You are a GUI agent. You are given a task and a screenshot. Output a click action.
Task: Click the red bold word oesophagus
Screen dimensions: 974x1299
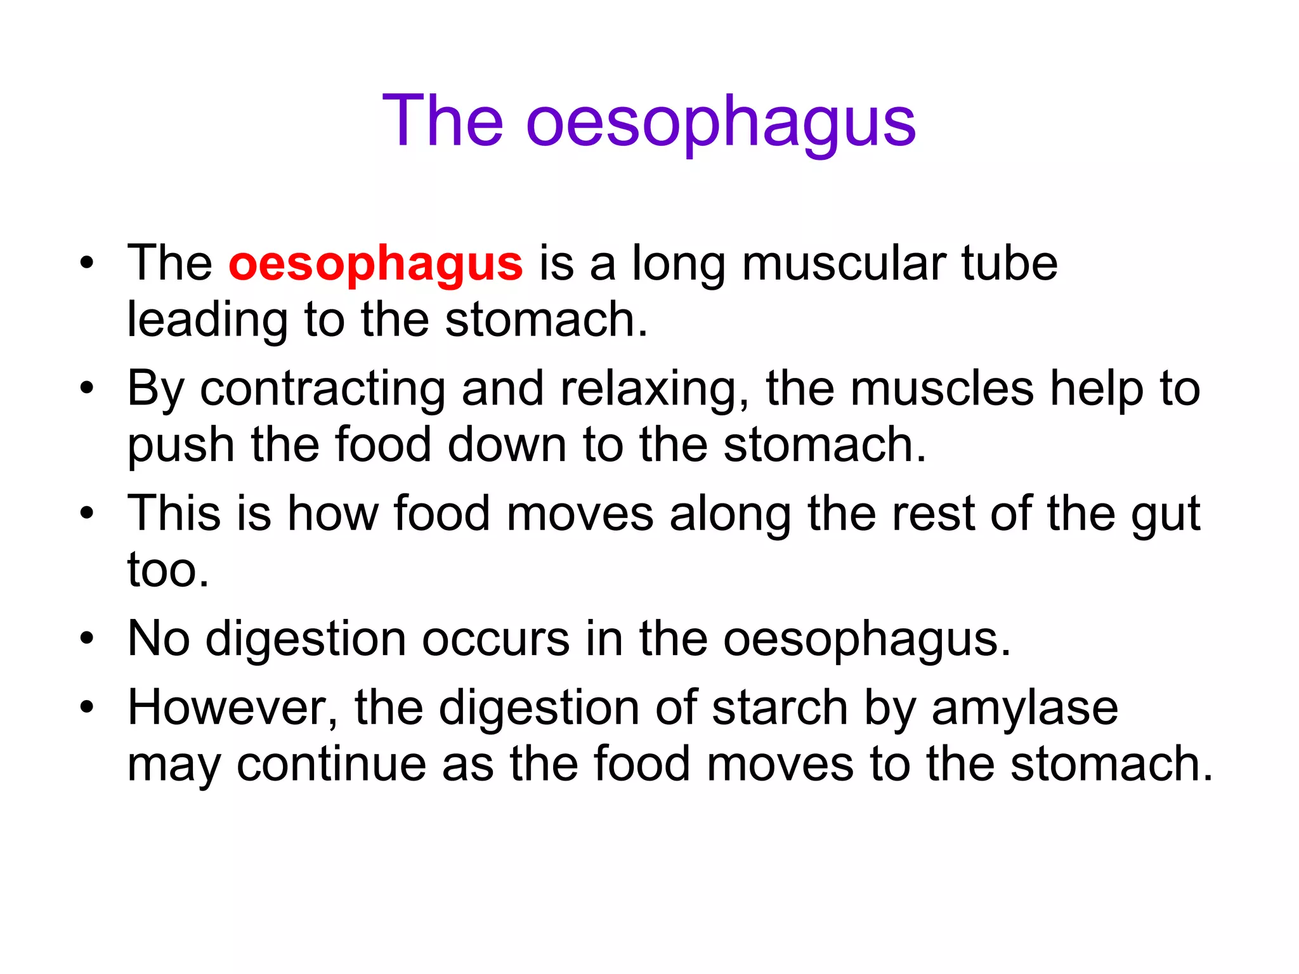(375, 264)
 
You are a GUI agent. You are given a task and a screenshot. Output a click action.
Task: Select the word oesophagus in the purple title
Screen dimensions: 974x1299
(721, 124)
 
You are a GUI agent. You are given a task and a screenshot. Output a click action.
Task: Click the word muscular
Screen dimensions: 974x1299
(844, 264)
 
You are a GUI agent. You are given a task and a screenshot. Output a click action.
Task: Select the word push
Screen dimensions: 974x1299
(181, 446)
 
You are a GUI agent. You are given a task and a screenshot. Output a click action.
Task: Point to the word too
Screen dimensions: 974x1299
(167, 570)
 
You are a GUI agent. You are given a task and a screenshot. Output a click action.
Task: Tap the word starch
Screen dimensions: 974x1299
(780, 708)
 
